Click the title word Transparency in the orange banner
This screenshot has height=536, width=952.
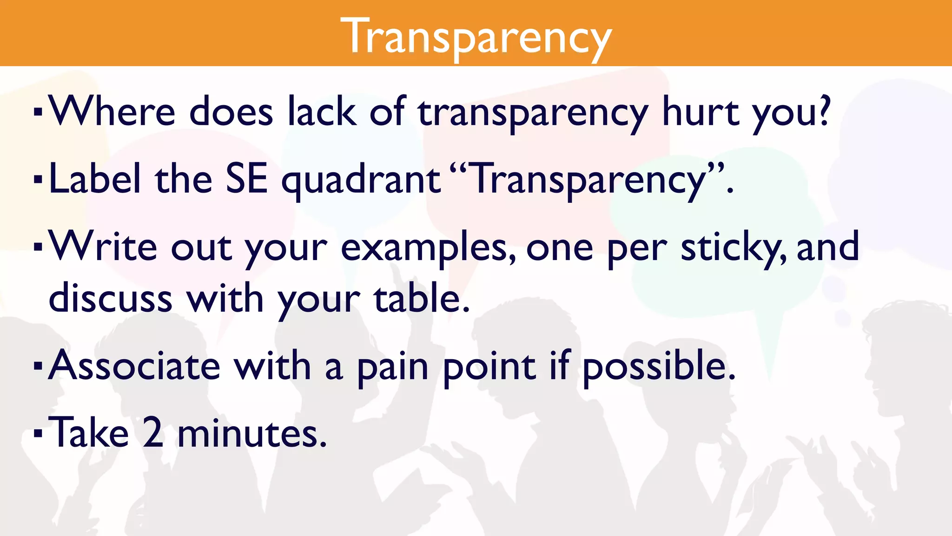click(x=476, y=36)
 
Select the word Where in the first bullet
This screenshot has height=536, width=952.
click(x=112, y=112)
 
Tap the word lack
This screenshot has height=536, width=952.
click(x=322, y=112)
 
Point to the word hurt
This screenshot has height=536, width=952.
click(x=700, y=112)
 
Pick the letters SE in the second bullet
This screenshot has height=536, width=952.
click(x=246, y=180)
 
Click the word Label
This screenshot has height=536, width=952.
click(x=95, y=180)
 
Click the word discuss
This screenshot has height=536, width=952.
click(x=111, y=298)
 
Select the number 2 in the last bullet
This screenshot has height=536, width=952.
click(x=153, y=433)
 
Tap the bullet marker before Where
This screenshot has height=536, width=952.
click(x=38, y=112)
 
